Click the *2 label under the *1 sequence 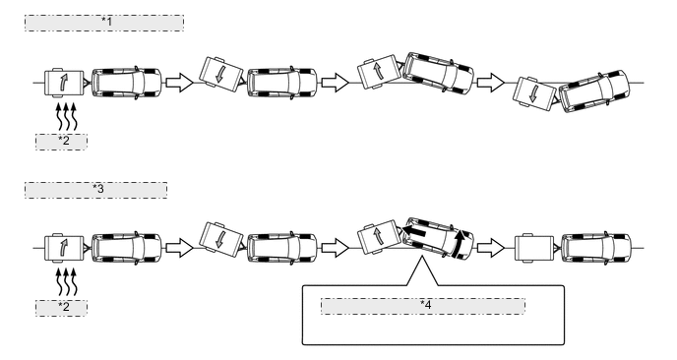tap(61, 142)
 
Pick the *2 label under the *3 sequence tap(61, 307)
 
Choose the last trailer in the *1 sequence tap(531, 92)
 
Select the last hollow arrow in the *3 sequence tap(489, 247)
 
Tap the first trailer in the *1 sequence tap(64, 82)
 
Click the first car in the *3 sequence tap(128, 247)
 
